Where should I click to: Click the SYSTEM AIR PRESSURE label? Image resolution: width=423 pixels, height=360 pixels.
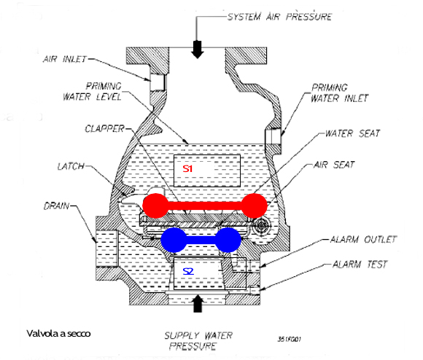point(279,17)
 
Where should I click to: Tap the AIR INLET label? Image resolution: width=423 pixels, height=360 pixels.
point(65,59)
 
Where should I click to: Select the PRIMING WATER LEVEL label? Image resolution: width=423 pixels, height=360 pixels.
point(93,91)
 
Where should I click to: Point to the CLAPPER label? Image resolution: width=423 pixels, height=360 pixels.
point(105,129)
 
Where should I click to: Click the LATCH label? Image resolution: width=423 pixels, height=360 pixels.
point(71,166)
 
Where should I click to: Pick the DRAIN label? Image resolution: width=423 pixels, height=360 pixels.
point(57,206)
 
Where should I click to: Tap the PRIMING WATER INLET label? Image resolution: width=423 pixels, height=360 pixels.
point(339,93)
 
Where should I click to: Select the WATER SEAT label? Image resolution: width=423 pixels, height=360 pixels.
point(352,133)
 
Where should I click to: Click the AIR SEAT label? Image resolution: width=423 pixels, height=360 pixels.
point(334,165)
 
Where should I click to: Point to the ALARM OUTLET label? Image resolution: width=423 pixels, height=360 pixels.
point(363,239)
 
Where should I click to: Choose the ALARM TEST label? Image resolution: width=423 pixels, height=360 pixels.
point(360,265)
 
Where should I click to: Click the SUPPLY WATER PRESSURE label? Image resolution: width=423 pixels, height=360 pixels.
point(198,341)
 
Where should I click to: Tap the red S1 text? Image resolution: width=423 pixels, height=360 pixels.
point(187,168)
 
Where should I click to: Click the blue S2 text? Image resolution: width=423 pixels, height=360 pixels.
point(188,271)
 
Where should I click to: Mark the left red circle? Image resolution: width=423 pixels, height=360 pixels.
point(155,206)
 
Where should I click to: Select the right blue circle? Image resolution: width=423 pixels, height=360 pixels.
point(228,240)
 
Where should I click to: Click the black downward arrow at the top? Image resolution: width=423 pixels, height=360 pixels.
point(198,50)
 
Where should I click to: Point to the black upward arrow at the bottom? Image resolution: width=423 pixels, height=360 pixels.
point(198,304)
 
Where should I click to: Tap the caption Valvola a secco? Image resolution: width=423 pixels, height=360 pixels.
point(58,334)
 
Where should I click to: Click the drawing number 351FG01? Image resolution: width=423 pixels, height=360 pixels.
point(290,339)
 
